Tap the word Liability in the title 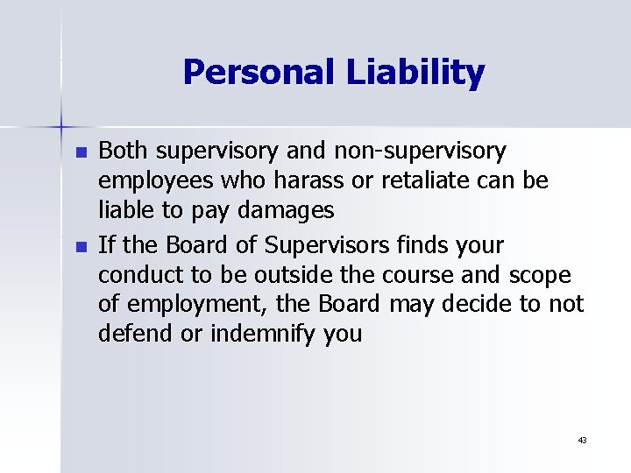point(415,74)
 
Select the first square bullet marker point(82,152)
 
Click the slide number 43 point(582,440)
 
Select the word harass point(309,181)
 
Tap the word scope point(538,275)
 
